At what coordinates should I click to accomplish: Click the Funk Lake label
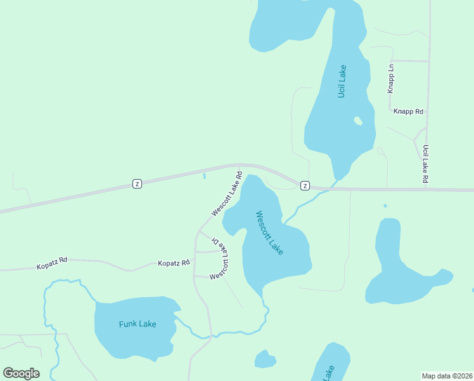point(138,324)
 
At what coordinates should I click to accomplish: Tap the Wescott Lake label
point(269,233)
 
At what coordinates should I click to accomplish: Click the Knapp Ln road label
point(392,78)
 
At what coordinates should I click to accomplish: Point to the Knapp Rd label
point(408,111)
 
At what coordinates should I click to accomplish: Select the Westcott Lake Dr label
point(219,260)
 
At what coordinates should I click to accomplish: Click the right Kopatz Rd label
point(174,263)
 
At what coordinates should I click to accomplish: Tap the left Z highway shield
point(137,184)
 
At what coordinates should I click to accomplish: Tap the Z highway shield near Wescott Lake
point(305,185)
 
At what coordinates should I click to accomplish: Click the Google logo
point(21,373)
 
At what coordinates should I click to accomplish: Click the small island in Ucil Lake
point(358,120)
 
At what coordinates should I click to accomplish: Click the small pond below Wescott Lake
point(265,359)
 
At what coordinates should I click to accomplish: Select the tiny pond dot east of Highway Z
point(385,206)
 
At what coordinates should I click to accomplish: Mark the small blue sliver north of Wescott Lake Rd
point(204,176)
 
